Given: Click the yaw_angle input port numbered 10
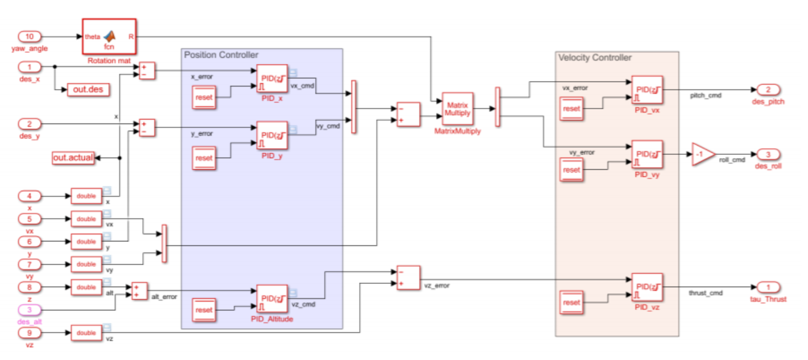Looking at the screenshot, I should (x=30, y=37).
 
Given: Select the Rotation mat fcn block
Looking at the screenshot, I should (x=109, y=37).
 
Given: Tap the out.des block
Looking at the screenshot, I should (x=88, y=89).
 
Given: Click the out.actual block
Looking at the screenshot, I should (x=73, y=158).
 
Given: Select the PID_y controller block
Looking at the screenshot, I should (x=272, y=136).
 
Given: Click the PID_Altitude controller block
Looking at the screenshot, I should (x=272, y=298).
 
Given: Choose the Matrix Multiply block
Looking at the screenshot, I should (x=457, y=109).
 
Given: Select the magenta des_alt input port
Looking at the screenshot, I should (x=30, y=310).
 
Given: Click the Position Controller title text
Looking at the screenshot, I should (x=221, y=55).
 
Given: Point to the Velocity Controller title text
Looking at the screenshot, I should (x=595, y=58).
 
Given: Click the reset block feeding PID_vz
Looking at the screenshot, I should (x=571, y=302).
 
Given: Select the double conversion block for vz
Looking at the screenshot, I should (x=86, y=333).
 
